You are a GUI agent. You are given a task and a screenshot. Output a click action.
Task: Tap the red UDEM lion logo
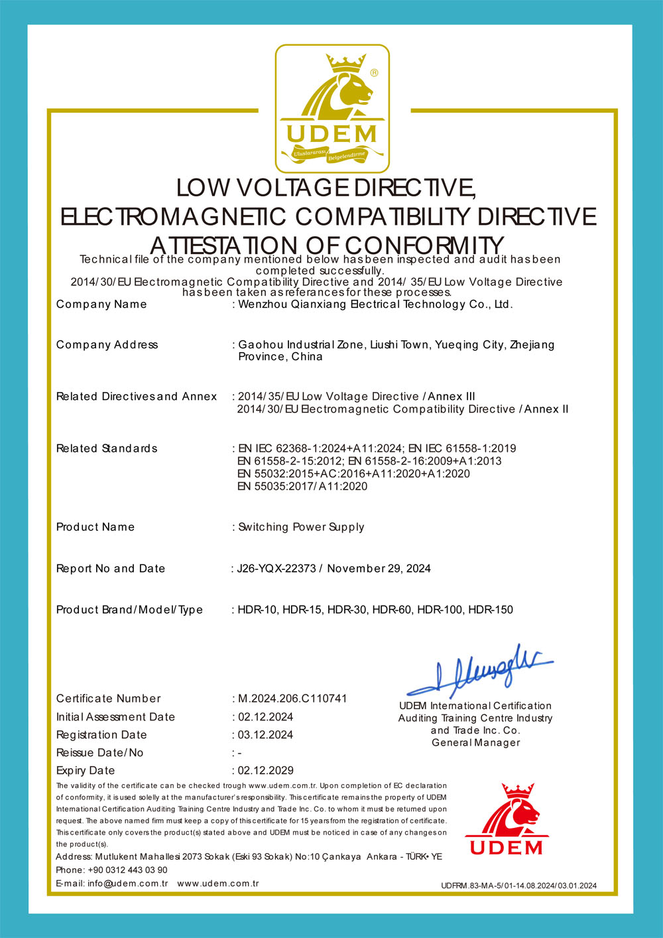tap(507, 820)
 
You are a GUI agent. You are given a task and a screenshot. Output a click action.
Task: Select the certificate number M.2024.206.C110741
tap(292, 699)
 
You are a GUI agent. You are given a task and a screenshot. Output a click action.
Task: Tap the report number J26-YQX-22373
tap(276, 569)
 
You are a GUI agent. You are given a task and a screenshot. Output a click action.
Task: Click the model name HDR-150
tap(491, 610)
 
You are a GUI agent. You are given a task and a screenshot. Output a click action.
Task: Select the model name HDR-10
tap(258, 610)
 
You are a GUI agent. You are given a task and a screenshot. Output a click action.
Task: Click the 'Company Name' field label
tap(101, 304)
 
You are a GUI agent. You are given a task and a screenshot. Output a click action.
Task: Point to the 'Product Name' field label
tap(95, 527)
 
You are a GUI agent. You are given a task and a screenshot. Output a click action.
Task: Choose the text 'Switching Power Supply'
tap(301, 527)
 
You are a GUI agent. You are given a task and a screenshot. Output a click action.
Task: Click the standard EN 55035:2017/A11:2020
tap(302, 486)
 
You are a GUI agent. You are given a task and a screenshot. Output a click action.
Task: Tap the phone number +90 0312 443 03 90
tap(127, 870)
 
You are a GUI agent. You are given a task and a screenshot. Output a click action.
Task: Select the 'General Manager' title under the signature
tap(476, 743)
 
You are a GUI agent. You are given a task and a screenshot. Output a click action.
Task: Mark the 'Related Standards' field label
tap(107, 449)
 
